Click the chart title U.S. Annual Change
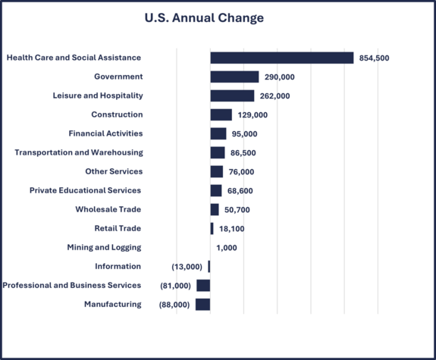pos(204,18)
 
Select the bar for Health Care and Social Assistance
pos(281,58)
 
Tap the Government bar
pos(234,77)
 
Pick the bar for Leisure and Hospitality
pos(232,95)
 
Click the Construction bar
pos(221,114)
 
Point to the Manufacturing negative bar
pos(202,304)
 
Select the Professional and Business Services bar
pos(203,285)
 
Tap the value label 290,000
pos(280,77)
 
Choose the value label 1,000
pos(227,248)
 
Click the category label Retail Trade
pos(118,228)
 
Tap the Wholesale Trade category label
pos(108,209)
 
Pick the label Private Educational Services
pos(85,190)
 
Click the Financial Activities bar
pos(218,133)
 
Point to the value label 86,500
pos(243,153)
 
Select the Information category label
pos(118,266)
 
